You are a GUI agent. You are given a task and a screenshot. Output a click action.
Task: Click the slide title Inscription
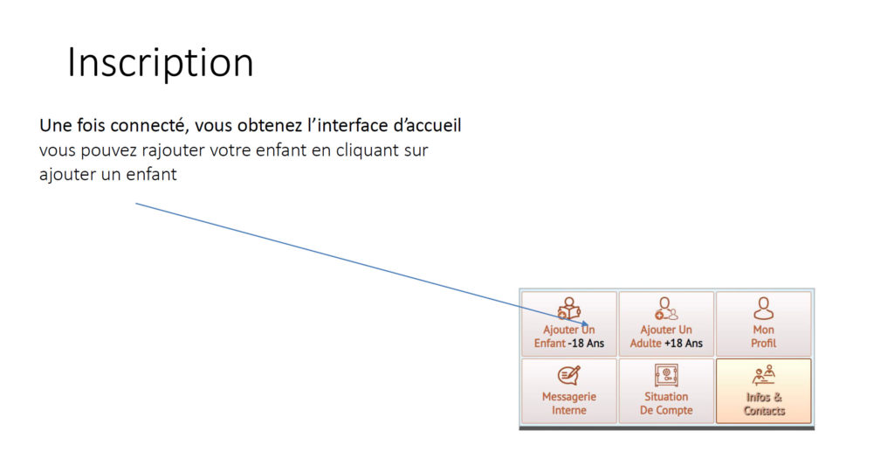pos(161,63)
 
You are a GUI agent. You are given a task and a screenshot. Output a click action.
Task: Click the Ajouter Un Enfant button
pos(569,324)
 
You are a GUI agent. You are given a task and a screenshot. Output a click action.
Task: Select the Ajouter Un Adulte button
pos(666,324)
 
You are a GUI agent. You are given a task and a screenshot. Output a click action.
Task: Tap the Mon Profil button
pos(763,324)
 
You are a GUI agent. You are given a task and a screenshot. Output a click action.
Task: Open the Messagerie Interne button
pos(569,391)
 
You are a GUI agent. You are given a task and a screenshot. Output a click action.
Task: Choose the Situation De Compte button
pos(666,391)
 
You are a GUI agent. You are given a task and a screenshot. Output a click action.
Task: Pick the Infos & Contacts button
pos(763,391)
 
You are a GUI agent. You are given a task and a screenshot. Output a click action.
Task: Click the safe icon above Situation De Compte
pos(666,376)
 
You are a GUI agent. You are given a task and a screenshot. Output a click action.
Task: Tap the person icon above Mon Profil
pos(763,309)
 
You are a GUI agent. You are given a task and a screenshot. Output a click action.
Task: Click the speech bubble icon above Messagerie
pos(569,376)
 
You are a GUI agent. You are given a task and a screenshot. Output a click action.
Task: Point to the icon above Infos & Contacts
pos(763,376)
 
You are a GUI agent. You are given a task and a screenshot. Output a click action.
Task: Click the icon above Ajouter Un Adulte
pos(666,309)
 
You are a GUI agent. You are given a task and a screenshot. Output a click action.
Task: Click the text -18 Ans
pos(586,344)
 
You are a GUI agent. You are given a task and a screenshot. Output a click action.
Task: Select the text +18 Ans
pos(683,344)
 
